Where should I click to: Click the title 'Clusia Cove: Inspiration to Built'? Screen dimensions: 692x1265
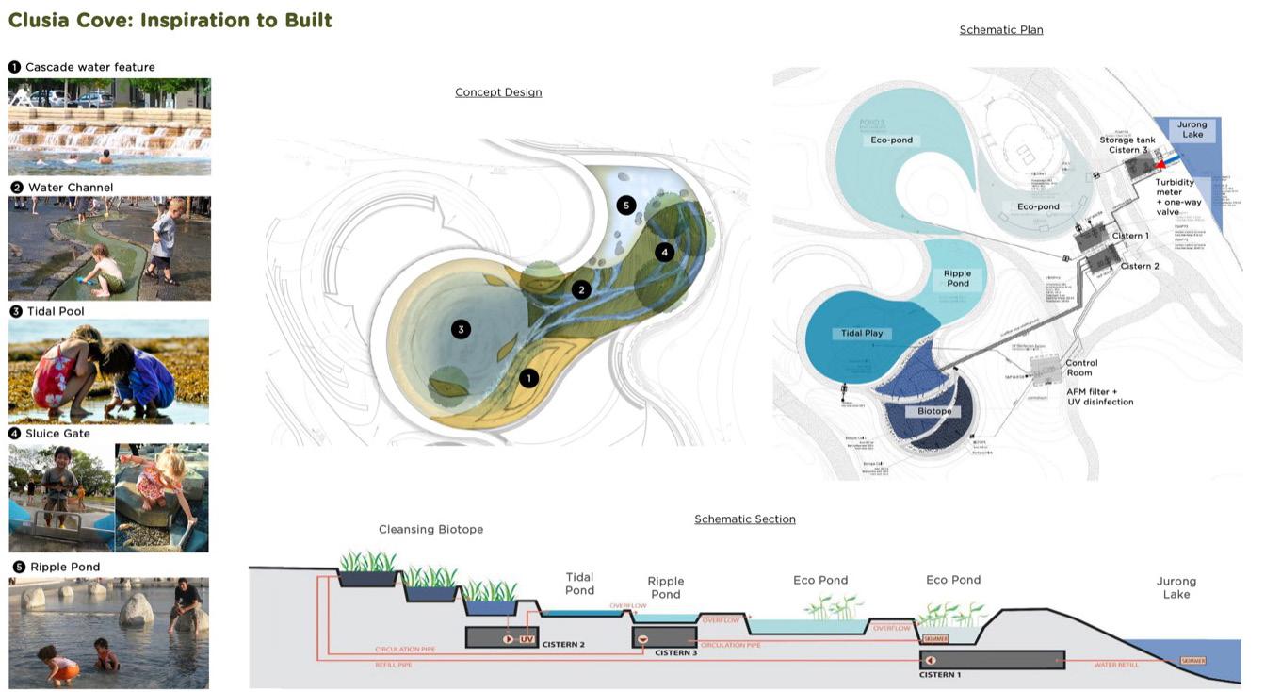[x=170, y=20]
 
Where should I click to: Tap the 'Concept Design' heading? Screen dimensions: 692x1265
[x=498, y=92]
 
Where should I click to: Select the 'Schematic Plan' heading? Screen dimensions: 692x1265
[x=1000, y=30]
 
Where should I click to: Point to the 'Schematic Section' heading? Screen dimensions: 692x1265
[x=744, y=519]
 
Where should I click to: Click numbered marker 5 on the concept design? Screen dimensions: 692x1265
[x=626, y=205]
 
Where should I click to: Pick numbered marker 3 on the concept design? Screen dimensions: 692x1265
[x=461, y=329]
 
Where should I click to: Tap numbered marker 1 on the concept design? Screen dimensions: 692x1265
[x=529, y=378]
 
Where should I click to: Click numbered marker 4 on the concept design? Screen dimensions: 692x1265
[x=665, y=252]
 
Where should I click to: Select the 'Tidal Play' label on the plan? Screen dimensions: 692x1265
[x=862, y=334]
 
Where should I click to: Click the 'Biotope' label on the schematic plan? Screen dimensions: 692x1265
[x=934, y=412]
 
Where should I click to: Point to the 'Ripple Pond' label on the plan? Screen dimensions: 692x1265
[x=957, y=278]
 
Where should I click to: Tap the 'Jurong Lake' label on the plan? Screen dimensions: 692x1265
[x=1192, y=130]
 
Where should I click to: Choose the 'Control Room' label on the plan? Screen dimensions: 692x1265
[x=1081, y=368]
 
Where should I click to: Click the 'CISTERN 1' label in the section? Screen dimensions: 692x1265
[x=940, y=675]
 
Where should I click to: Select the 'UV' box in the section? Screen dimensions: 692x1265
[x=527, y=639]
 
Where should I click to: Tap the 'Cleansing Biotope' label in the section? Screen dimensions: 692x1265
[x=430, y=530]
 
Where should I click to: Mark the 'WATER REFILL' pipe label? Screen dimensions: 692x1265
[x=1116, y=666]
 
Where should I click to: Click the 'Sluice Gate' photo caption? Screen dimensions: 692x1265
[x=57, y=434]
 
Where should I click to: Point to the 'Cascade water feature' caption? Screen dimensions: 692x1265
[x=89, y=67]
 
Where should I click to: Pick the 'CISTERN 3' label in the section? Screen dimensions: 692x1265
[x=675, y=653]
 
